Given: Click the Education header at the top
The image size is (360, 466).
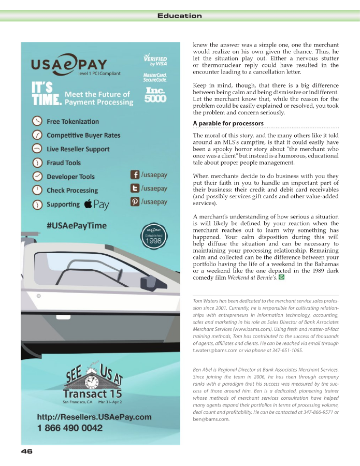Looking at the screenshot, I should click(179, 16).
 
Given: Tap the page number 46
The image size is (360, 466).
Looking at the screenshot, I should click(27, 451).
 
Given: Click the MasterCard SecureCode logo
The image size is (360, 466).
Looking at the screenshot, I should click(155, 78).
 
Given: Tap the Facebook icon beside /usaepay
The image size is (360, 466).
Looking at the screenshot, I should click(135, 175).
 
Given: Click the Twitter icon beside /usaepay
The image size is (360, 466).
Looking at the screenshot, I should click(135, 188).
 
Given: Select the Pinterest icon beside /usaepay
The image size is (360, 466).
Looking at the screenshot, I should click(135, 202).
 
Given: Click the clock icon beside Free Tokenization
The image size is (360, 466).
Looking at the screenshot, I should click(37, 121).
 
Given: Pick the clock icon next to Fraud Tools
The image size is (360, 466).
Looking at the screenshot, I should click(37, 163).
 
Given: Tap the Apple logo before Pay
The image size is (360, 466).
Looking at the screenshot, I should click(88, 203).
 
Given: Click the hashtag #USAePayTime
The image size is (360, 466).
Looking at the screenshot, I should click(77, 225).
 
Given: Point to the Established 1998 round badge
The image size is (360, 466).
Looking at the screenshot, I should click(153, 236).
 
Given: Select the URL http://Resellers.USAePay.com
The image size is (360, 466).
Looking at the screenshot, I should click(94, 417).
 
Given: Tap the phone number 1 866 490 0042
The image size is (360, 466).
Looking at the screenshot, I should click(69, 428).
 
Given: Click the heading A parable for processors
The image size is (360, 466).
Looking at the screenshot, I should click(228, 123).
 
